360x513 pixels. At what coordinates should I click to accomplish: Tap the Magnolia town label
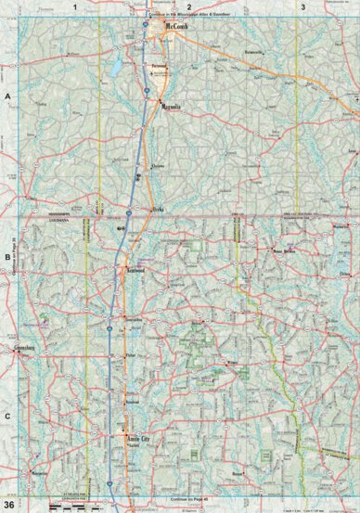170,109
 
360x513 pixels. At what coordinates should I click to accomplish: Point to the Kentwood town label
138,270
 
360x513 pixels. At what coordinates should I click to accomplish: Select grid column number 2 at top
188,6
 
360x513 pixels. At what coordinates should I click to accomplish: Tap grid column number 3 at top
302,6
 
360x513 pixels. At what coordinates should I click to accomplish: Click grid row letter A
7,96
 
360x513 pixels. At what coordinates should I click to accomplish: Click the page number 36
8,504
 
